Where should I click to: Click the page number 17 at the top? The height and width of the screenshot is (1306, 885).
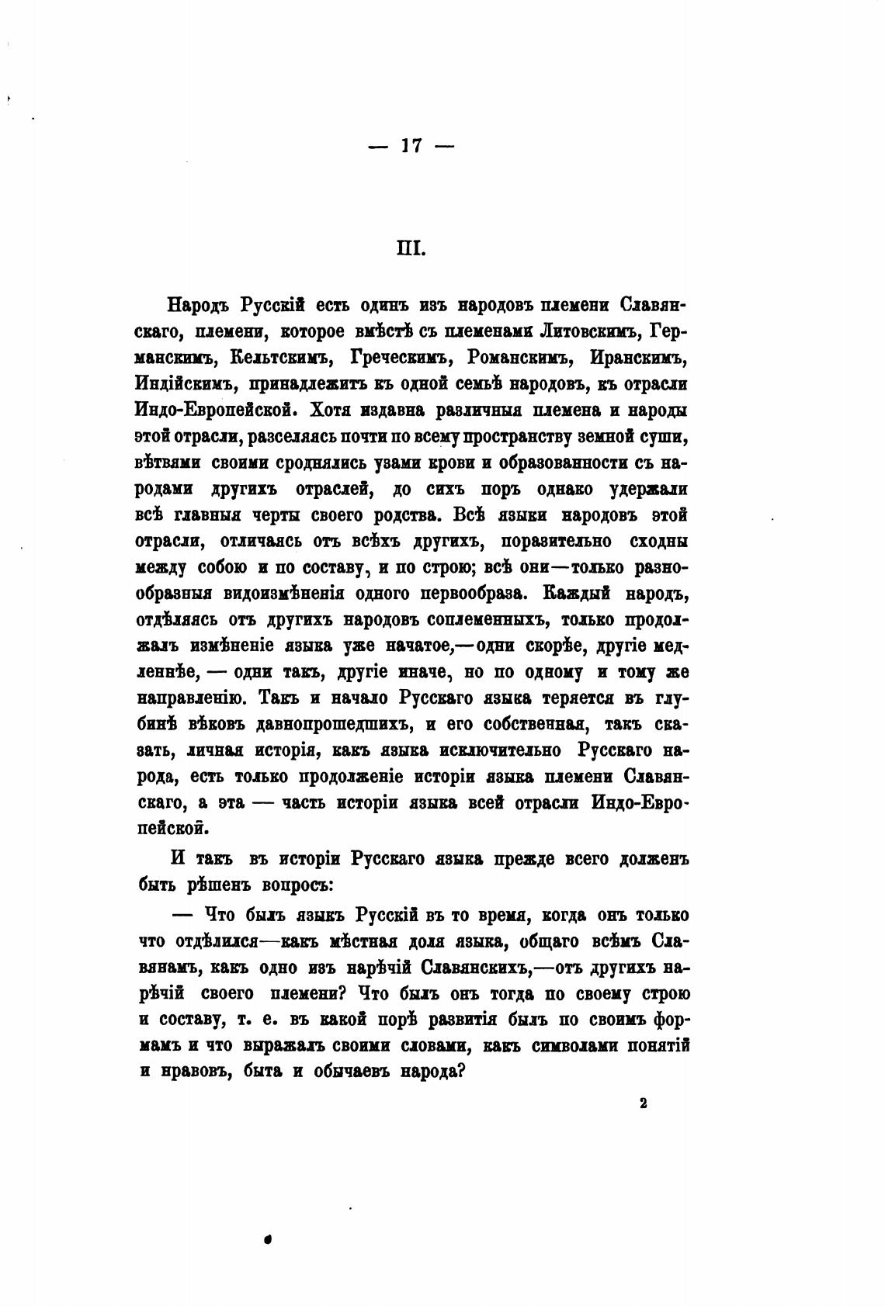411,145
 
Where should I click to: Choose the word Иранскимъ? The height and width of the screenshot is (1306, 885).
639,358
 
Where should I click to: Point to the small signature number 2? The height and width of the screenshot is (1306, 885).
644,1105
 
